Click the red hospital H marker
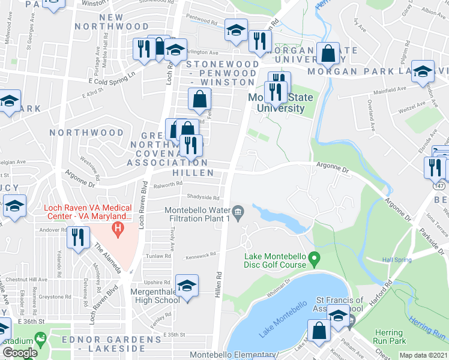(118, 229)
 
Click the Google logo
(20, 353)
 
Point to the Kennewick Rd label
(200, 255)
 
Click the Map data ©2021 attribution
(423, 355)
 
